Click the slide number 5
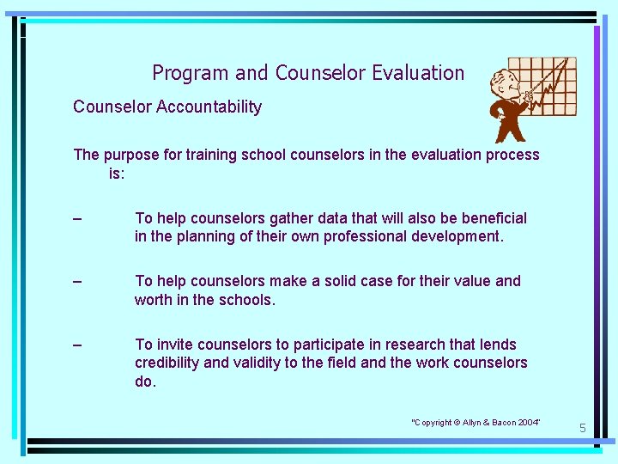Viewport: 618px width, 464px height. click(581, 428)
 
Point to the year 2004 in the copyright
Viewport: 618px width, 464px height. click(524, 422)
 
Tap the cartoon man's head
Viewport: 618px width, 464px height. click(503, 84)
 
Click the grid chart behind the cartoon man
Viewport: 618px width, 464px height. click(549, 86)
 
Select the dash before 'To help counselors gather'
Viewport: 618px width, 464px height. click(78, 218)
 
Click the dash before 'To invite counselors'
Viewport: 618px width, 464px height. click(78, 345)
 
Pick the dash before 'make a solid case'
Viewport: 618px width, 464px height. click(78, 281)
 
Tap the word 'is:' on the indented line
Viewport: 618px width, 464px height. click(117, 173)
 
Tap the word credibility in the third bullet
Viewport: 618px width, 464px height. click(167, 363)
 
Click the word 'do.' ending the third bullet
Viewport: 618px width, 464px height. click(145, 381)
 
